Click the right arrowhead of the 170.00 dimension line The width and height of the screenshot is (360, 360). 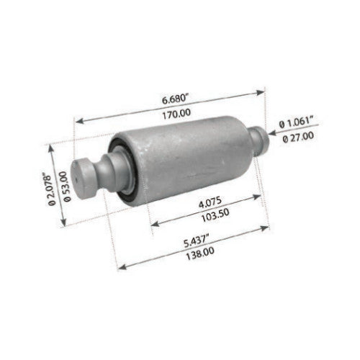pos(264,90)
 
